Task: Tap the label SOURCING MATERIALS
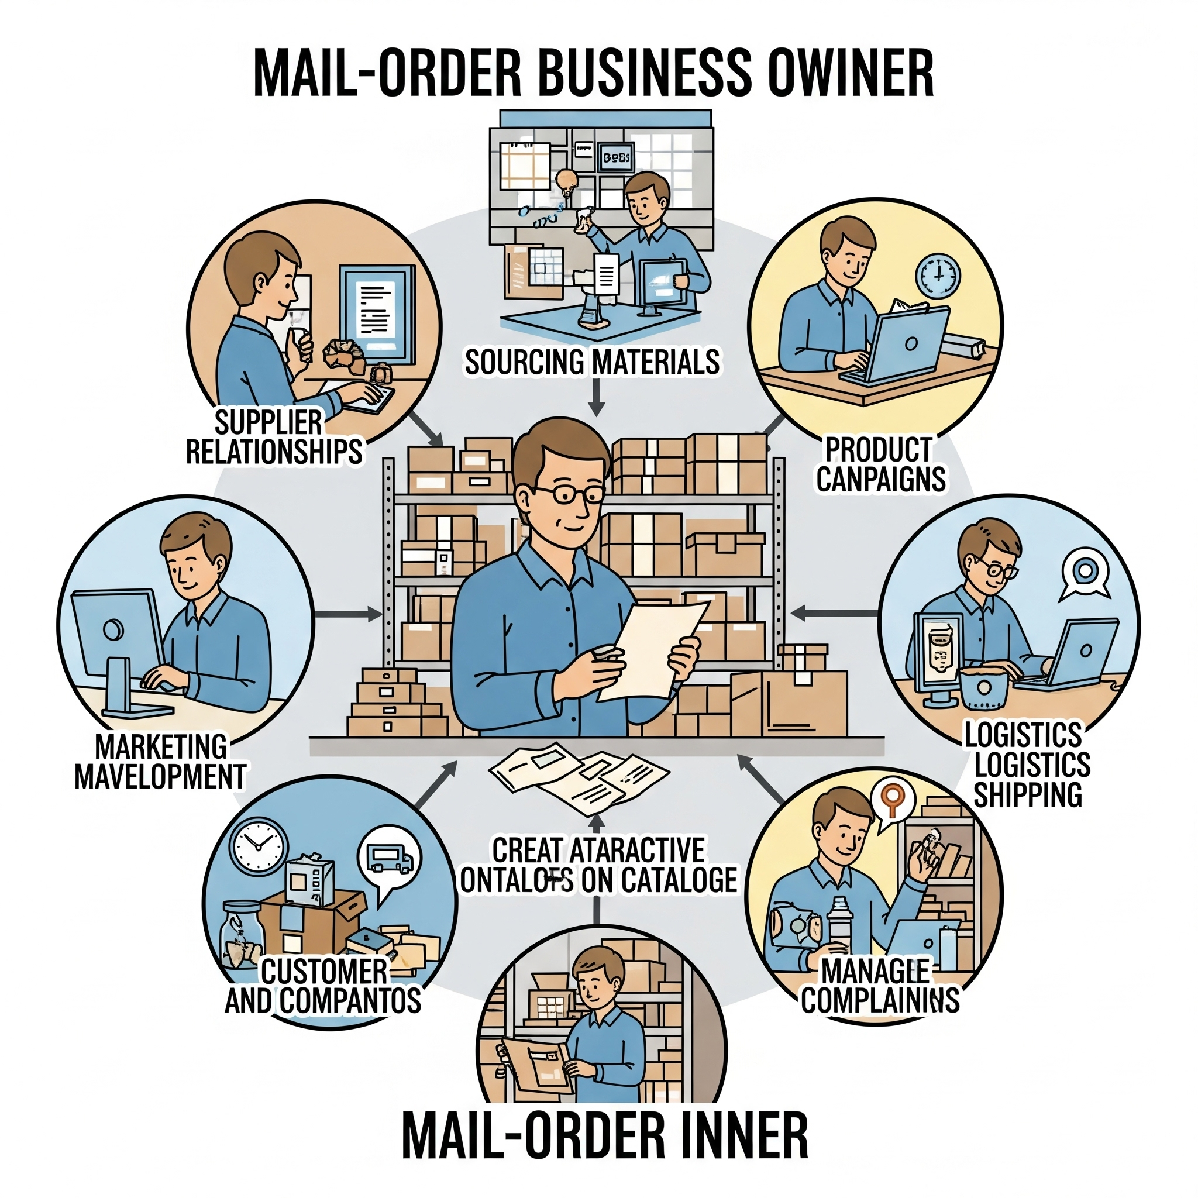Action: point(592,362)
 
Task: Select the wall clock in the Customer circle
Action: point(259,846)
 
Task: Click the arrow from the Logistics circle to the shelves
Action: point(835,614)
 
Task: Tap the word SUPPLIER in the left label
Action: point(268,423)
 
